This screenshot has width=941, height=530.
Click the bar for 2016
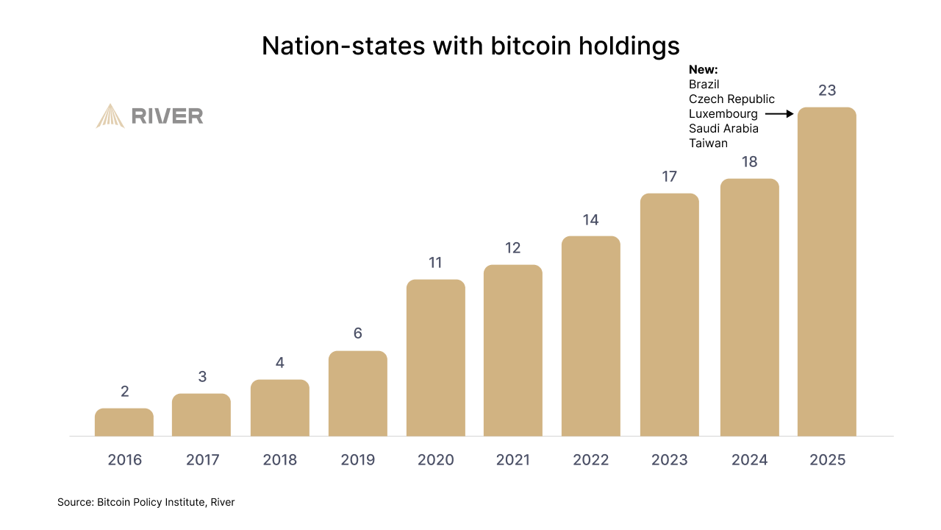tap(124, 423)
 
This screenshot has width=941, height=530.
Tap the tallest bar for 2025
tap(827, 272)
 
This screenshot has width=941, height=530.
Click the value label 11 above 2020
tap(435, 263)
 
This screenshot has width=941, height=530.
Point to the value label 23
tap(827, 91)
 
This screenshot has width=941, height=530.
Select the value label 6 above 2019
tap(358, 333)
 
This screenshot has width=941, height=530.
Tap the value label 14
tap(591, 219)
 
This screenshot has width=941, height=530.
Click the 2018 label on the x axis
tap(280, 460)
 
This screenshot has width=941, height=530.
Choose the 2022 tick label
tap(591, 460)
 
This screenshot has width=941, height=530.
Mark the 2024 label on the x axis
tap(749, 460)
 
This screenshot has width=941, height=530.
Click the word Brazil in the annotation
tap(704, 85)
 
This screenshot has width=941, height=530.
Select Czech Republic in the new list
tap(731, 99)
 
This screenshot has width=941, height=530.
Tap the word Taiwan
tap(708, 144)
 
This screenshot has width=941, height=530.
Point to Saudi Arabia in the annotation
tap(723, 129)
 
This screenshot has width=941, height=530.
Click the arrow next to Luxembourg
tap(779, 114)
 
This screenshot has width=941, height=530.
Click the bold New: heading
tap(703, 70)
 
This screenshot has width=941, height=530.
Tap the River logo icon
tap(110, 116)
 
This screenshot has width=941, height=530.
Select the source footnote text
tap(146, 502)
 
